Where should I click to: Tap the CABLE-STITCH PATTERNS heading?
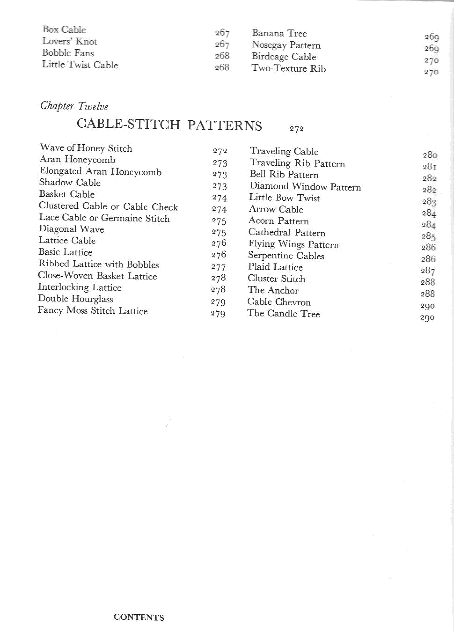tap(169, 125)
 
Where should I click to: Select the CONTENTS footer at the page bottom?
tap(139, 617)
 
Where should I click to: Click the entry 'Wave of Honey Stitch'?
tap(86, 148)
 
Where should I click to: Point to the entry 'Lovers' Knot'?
tap(70, 41)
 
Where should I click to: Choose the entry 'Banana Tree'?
tap(279, 33)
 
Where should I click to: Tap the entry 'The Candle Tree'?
tap(284, 313)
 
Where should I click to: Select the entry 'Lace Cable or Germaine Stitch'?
tap(104, 218)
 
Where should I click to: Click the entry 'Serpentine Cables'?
tap(286, 256)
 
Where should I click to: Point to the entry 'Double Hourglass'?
tap(76, 299)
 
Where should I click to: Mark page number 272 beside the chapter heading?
tap(297, 129)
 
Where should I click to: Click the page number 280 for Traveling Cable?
tap(430, 155)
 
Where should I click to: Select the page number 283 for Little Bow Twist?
tap(429, 202)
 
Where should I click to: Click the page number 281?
tap(429, 167)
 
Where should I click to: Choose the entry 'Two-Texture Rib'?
tap(289, 68)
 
